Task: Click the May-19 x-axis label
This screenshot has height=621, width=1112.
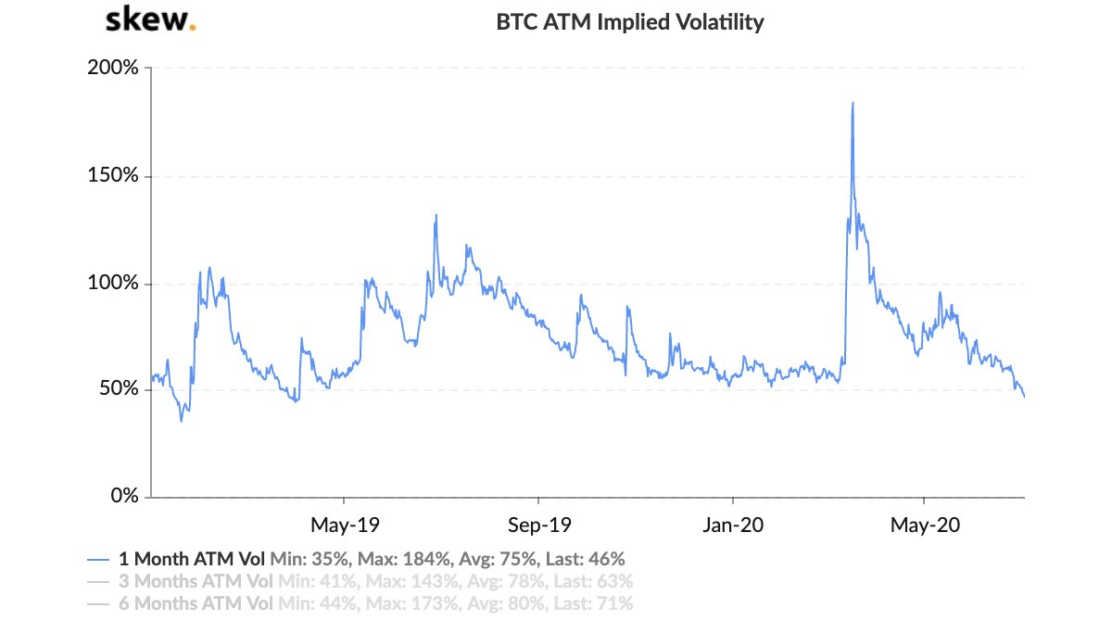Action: [345, 525]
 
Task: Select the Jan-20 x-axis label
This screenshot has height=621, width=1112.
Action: [732, 525]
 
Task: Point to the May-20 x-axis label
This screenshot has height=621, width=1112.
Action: [925, 525]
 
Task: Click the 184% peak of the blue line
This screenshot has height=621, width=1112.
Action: [853, 103]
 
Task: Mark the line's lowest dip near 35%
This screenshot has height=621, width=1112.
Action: [181, 421]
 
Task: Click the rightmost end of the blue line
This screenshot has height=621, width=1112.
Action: [1024, 398]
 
